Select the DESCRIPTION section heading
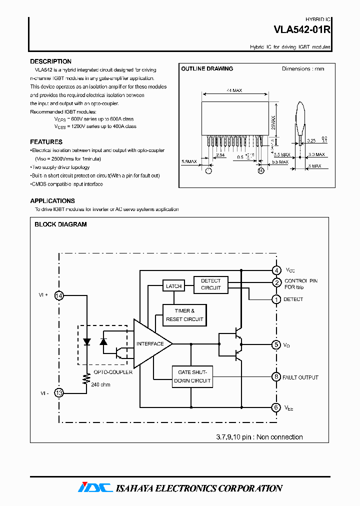click(50, 61)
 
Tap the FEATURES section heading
click(46, 142)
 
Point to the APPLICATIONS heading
click(52, 201)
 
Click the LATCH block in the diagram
click(173, 286)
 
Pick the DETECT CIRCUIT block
click(210, 284)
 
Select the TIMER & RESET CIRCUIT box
click(184, 315)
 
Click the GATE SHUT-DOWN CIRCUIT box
click(192, 376)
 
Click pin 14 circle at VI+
click(59, 295)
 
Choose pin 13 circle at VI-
click(59, 393)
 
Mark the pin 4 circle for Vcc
click(276, 270)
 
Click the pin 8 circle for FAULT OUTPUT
click(276, 377)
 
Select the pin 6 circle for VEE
click(276, 407)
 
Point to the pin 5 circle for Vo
click(276, 344)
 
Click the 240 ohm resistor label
click(101, 384)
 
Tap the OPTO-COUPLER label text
click(115, 372)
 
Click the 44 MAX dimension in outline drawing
click(234, 91)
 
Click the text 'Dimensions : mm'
click(302, 69)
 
